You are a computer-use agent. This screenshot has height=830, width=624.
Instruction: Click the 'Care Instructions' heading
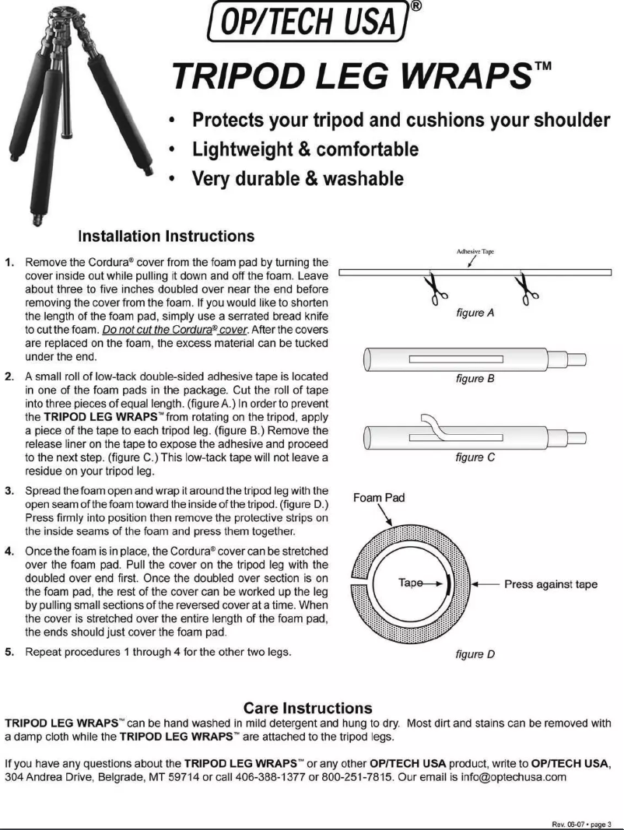coord(310,708)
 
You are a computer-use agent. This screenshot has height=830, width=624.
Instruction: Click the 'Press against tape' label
coord(550,584)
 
